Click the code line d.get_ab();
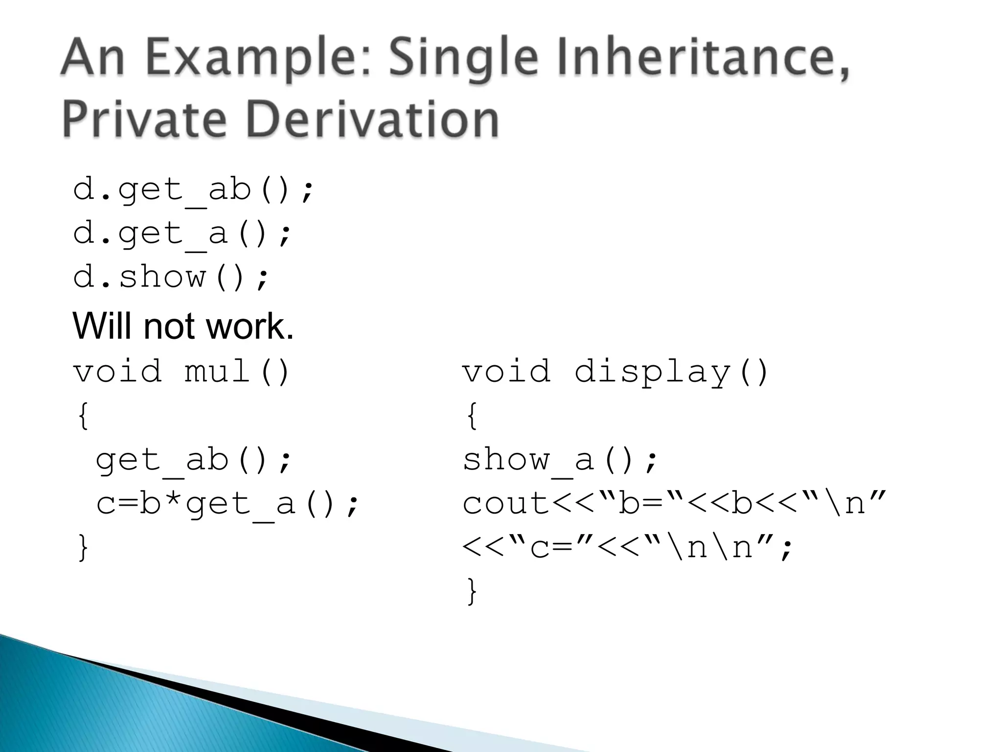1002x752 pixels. click(193, 190)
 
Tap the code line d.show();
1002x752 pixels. click(171, 278)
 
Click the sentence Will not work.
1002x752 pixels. click(183, 326)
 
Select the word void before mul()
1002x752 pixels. click(117, 372)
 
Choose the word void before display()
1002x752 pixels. click(507, 372)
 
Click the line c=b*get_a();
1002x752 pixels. click(228, 504)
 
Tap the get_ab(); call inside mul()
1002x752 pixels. click(193, 461)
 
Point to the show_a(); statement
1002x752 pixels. click(560, 461)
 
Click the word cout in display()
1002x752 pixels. click(507, 504)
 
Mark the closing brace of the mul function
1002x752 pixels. click(83, 547)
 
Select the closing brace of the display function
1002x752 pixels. click(472, 591)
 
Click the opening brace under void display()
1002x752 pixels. click(472, 416)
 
